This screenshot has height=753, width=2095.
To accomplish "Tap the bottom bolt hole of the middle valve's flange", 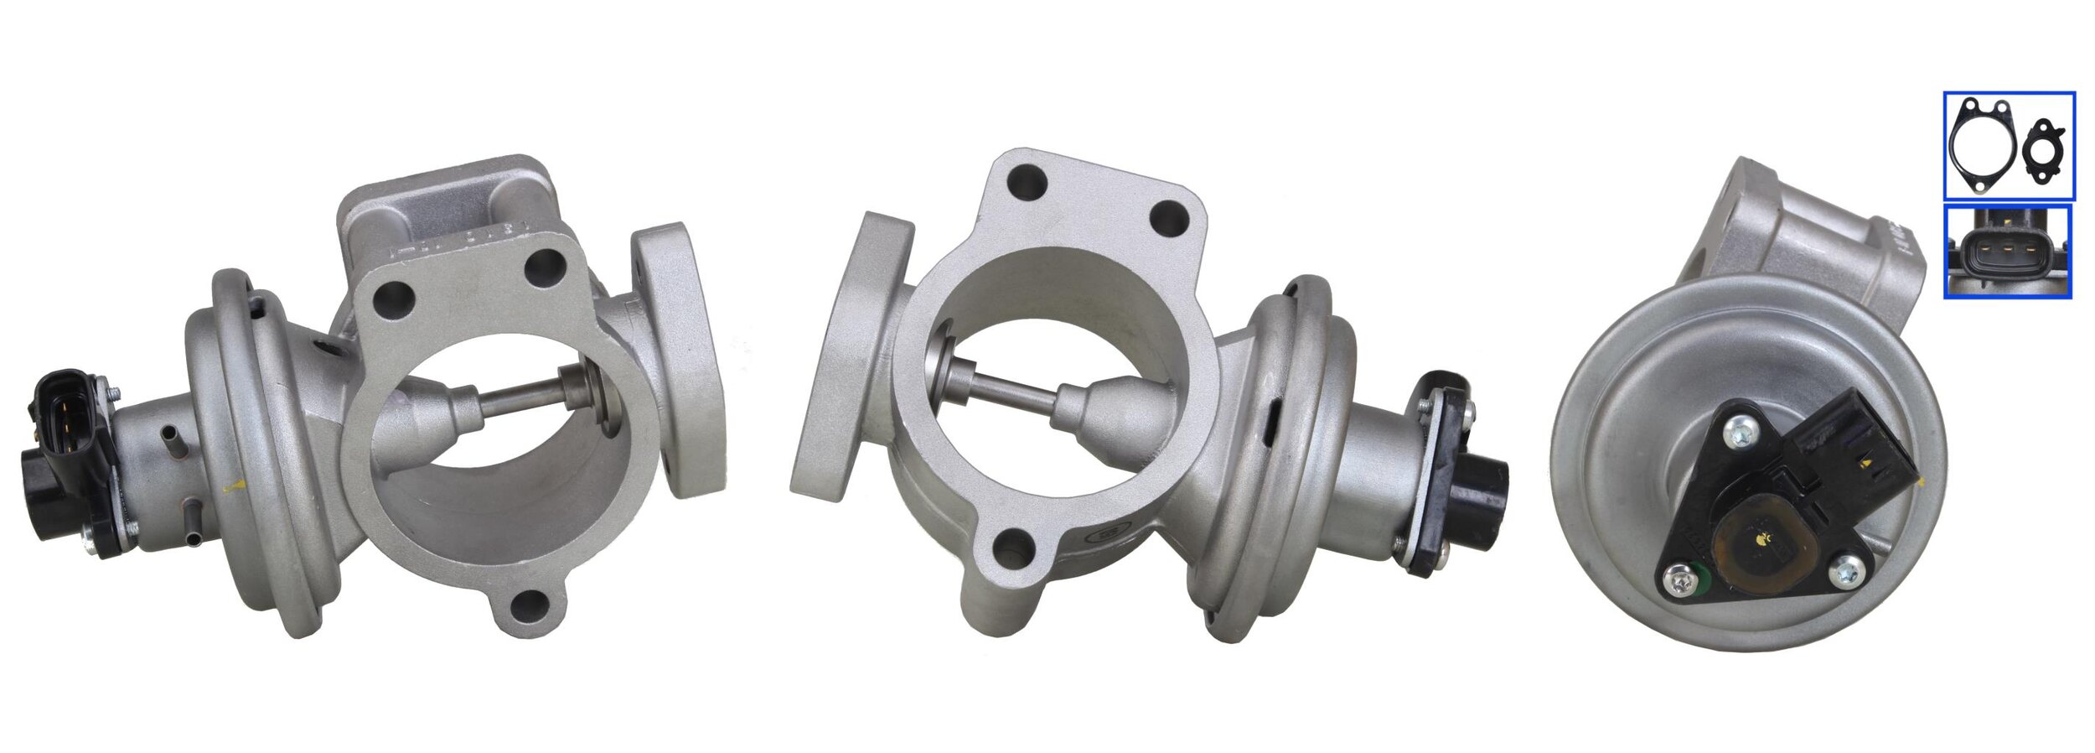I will point(1011,551).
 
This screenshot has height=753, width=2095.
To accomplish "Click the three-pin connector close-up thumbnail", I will point(2008,252).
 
